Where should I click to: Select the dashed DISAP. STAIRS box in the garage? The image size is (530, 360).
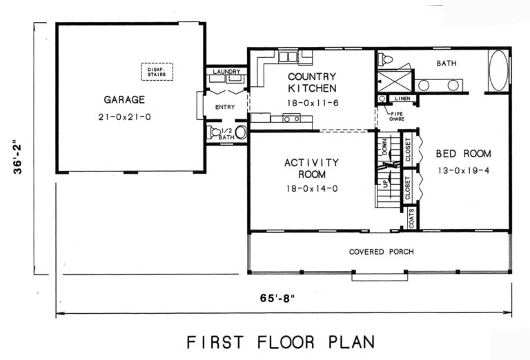(157, 71)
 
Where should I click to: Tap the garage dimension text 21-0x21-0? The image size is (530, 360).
(124, 117)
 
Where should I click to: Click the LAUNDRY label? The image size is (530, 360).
(226, 72)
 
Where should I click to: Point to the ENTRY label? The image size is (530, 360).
(225, 107)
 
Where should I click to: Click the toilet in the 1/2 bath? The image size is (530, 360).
(215, 131)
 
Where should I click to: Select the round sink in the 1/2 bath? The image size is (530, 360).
(241, 132)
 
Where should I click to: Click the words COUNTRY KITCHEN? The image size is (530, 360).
(312, 82)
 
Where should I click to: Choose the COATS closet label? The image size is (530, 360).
(411, 218)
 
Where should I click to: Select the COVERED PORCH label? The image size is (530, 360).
(381, 252)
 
